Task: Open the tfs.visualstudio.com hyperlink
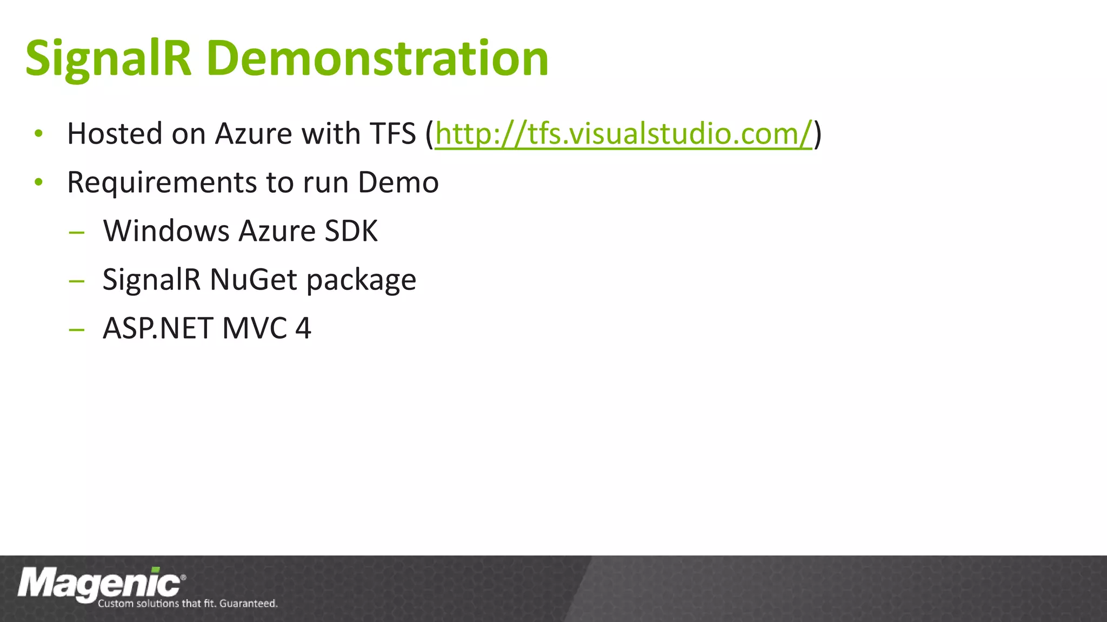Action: (623, 133)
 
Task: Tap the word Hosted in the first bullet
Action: (114, 133)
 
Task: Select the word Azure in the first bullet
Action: (253, 133)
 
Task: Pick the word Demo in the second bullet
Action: (398, 182)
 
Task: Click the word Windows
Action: (166, 231)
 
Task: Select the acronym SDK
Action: (351, 231)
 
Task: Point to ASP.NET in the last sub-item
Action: (157, 328)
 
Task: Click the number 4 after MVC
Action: (303, 328)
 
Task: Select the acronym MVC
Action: (255, 328)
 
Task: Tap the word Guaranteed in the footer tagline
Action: (248, 603)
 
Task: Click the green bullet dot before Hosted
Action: (38, 133)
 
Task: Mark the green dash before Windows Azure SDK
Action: (77, 233)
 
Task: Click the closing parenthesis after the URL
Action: (818, 133)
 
